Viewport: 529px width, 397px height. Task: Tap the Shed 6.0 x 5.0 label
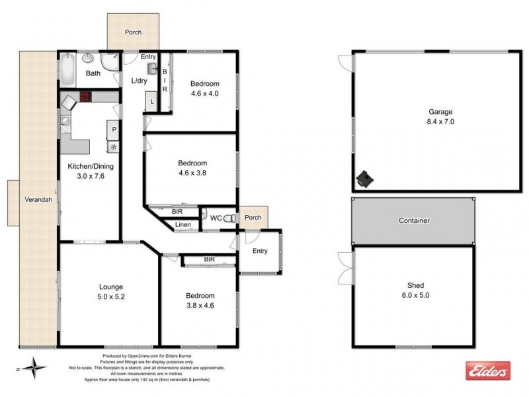[x=415, y=290]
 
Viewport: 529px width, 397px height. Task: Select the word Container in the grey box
[x=414, y=220]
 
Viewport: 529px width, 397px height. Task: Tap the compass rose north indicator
[x=32, y=366]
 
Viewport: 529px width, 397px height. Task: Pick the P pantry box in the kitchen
[x=114, y=130]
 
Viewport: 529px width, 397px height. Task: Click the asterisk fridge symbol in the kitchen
[x=114, y=147]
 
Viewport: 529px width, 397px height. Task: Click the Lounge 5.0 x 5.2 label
[x=111, y=291]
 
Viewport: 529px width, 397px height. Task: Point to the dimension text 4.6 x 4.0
[x=204, y=93]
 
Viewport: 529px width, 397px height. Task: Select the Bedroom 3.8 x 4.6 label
[x=200, y=300]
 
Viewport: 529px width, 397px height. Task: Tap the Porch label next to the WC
[x=253, y=218]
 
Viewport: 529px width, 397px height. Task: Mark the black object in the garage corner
[x=364, y=178]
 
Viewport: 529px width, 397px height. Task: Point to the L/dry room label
[x=140, y=81]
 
